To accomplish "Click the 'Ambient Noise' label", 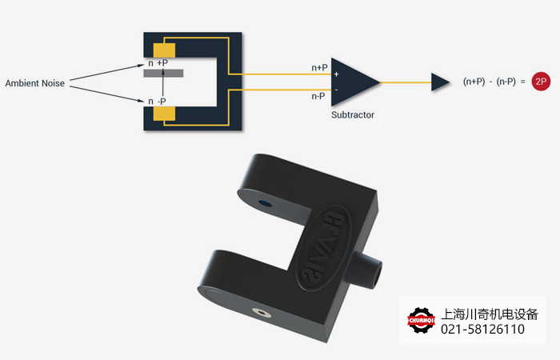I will [x=35, y=83].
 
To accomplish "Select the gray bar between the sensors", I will [x=164, y=74].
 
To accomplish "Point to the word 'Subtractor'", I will [x=353, y=115].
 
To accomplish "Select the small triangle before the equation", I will [x=440, y=82].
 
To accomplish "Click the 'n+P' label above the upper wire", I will [x=319, y=68].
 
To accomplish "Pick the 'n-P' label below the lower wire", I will [x=318, y=96].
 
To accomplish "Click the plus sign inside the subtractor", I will [x=337, y=74].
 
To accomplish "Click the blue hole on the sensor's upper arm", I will [x=266, y=205].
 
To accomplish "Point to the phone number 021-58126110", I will [x=483, y=330].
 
